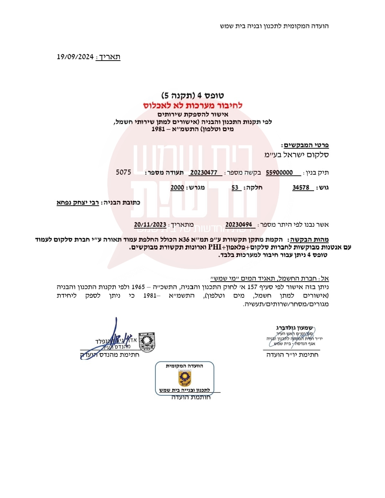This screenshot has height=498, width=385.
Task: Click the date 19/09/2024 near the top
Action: point(75,57)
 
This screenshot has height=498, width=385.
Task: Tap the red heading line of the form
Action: point(192,106)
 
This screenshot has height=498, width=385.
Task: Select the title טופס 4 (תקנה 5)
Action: point(192,96)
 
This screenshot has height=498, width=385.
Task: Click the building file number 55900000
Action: point(279,173)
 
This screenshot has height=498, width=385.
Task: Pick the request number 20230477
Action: point(204,173)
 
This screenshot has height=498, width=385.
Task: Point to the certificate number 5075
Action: point(123,172)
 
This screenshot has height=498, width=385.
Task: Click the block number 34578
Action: point(301,188)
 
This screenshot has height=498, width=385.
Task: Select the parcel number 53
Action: point(235,188)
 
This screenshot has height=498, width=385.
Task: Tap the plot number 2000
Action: point(177,188)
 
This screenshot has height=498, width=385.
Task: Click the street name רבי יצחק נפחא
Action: point(78,202)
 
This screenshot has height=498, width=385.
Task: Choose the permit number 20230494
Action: point(238,225)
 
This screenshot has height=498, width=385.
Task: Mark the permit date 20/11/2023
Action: point(150,225)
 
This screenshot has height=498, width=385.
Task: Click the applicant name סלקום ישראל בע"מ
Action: point(297,155)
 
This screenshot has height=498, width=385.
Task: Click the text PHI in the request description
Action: point(215,247)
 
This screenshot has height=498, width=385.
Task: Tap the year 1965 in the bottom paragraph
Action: point(138,287)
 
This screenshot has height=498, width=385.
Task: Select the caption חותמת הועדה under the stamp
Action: point(191,397)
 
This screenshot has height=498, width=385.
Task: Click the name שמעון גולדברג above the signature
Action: point(294,328)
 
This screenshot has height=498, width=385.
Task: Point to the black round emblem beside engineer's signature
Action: point(147,342)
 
